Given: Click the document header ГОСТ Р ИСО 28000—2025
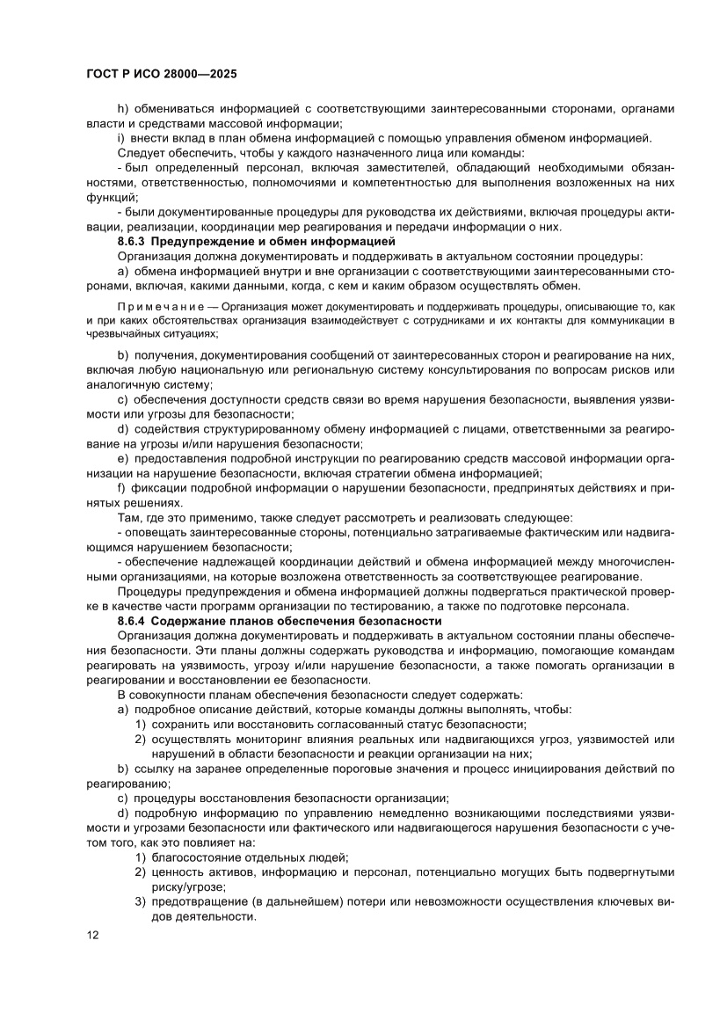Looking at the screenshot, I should click(162, 75).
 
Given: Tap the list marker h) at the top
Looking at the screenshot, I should click(123, 108).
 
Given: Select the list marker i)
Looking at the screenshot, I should click(121, 138).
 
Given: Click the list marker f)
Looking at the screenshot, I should click(121, 488).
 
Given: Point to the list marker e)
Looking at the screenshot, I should click(123, 458).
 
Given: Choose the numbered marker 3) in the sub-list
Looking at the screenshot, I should click(141, 902).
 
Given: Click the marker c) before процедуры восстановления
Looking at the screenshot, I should click(123, 798).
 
